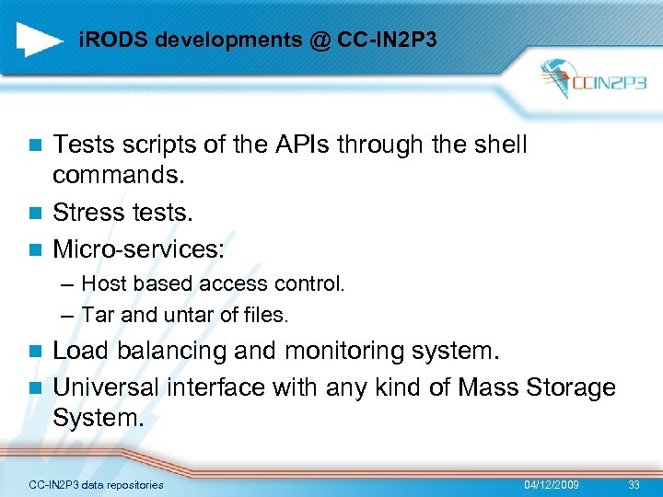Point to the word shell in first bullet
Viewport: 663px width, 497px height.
[x=497, y=144]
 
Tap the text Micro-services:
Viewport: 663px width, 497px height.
[x=138, y=248]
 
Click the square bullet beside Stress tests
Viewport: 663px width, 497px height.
[x=35, y=214]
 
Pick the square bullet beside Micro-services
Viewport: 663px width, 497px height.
[x=35, y=249]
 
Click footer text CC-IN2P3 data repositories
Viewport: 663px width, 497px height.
[x=96, y=485]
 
